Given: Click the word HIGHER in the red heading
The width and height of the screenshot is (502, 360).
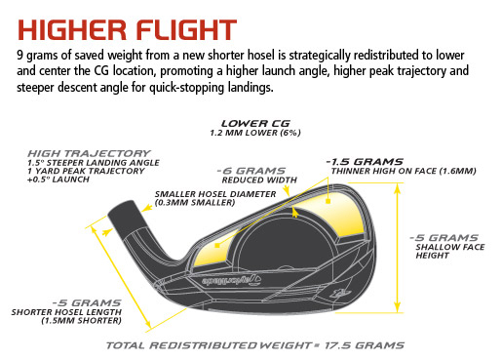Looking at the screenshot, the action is click(72, 30).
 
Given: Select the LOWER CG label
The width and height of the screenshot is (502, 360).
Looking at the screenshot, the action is click(255, 124).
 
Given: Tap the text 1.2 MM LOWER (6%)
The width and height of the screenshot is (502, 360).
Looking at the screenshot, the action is click(255, 133).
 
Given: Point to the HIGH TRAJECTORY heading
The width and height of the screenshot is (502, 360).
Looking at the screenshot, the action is click(89, 153).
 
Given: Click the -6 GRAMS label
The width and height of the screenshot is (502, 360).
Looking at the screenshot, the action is click(251, 171).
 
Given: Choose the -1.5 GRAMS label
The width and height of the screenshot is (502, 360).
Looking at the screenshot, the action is click(365, 162).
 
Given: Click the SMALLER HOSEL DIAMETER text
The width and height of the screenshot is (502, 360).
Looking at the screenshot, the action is click(215, 194).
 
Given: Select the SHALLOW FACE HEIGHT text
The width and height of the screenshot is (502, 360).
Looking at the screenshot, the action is click(450, 251).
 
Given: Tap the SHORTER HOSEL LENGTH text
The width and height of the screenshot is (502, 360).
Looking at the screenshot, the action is click(66, 312).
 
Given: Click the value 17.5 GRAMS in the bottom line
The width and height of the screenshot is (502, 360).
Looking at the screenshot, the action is click(365, 345).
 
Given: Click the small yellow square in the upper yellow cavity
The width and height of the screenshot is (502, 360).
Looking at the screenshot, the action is click(328, 201).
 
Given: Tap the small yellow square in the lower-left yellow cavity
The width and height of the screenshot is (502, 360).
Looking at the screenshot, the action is click(217, 246).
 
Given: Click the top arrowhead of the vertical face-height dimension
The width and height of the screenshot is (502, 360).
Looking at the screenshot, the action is click(397, 188).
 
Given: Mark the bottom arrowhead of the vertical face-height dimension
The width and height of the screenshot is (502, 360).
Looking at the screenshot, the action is click(397, 307).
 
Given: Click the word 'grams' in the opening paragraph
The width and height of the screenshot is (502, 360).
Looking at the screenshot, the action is click(42, 56).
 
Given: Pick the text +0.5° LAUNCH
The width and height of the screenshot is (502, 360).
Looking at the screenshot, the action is click(58, 180).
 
